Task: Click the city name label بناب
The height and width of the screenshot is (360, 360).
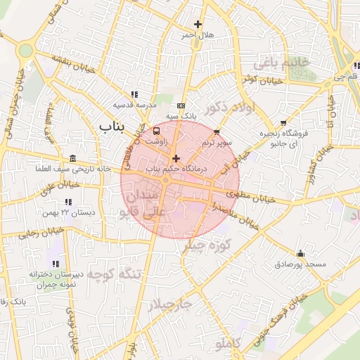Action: coord(111,127)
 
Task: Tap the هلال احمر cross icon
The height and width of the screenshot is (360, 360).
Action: coord(198,24)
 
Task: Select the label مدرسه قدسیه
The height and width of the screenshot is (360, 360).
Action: coord(135,104)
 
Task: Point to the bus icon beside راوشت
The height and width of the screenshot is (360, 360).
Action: coord(156,130)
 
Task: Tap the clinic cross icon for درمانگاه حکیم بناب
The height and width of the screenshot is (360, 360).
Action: coord(175,158)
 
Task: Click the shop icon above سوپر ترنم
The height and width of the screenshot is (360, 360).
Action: coord(217,131)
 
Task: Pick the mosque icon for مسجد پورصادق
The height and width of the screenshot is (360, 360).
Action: coord(301,253)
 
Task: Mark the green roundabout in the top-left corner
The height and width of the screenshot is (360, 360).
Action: coord(26,51)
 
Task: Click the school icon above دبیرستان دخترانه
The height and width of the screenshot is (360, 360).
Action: coord(55,263)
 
